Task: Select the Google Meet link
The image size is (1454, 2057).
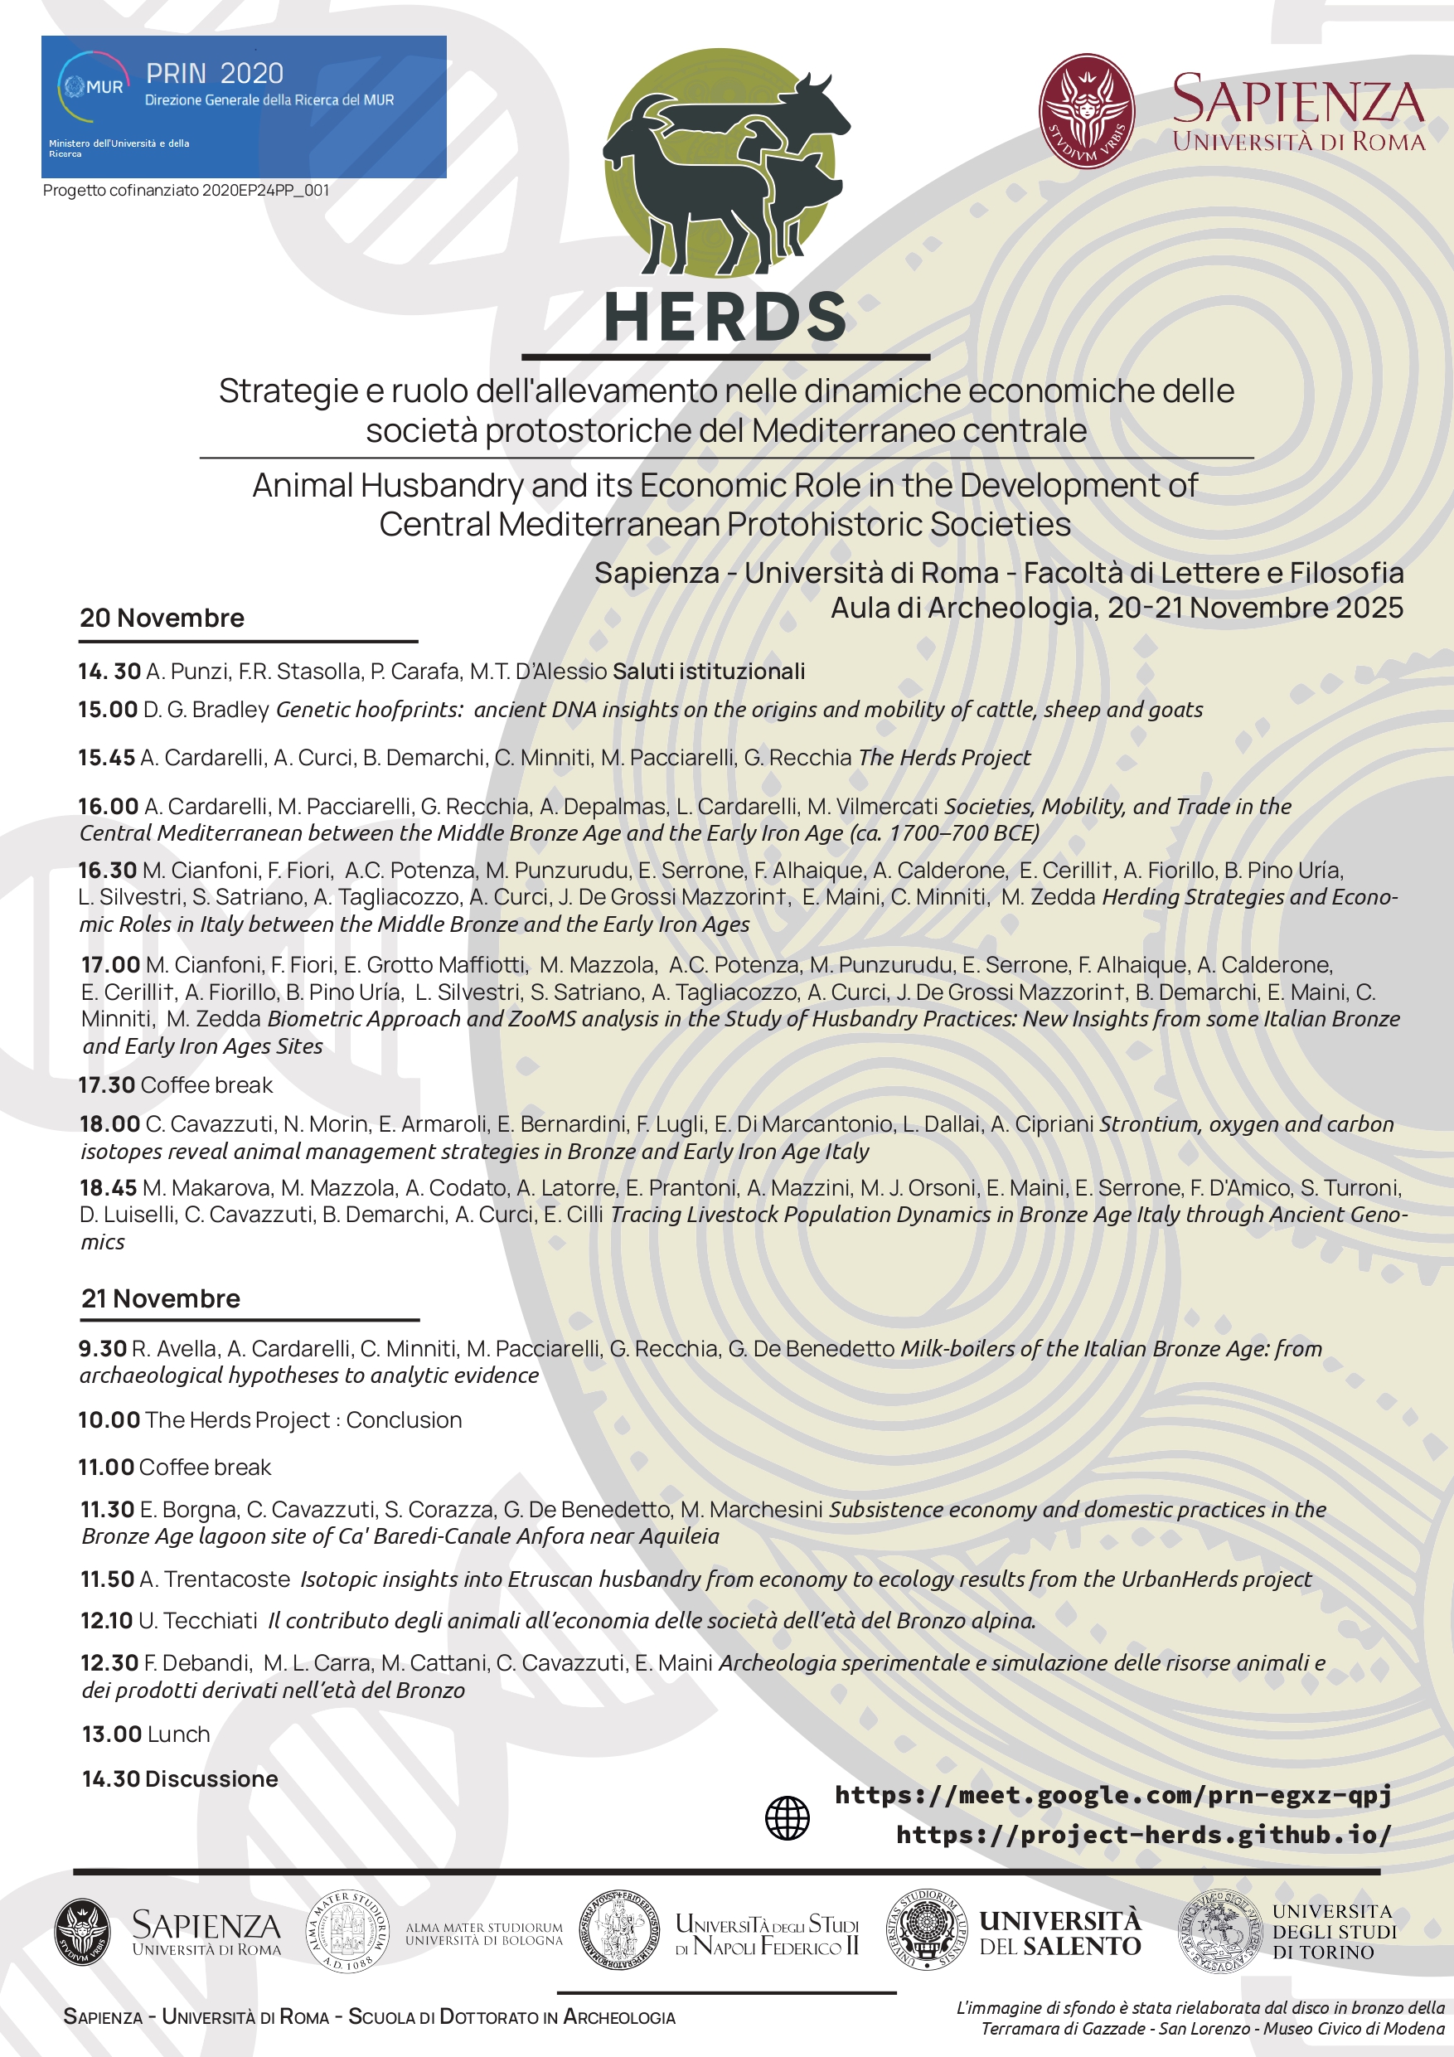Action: pyautogui.click(x=1112, y=1794)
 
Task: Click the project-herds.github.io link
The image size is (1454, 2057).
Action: pyautogui.click(x=1143, y=1835)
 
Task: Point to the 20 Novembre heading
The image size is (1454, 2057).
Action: pyautogui.click(x=162, y=619)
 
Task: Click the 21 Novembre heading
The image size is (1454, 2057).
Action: pyautogui.click(x=162, y=1298)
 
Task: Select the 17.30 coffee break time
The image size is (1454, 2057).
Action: pyautogui.click(x=106, y=1085)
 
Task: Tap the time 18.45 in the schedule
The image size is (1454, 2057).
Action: pyautogui.click(x=108, y=1188)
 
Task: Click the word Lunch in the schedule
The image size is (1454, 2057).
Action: pyautogui.click(x=177, y=1734)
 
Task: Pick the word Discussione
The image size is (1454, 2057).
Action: pyautogui.click(x=211, y=1778)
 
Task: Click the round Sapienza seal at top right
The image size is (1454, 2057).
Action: pyautogui.click(x=1086, y=111)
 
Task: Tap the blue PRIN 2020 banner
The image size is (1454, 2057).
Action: pyautogui.click(x=244, y=107)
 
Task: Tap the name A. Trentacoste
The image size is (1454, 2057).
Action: pyautogui.click(x=215, y=1579)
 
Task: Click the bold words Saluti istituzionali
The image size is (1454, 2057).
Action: pyautogui.click(x=708, y=671)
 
